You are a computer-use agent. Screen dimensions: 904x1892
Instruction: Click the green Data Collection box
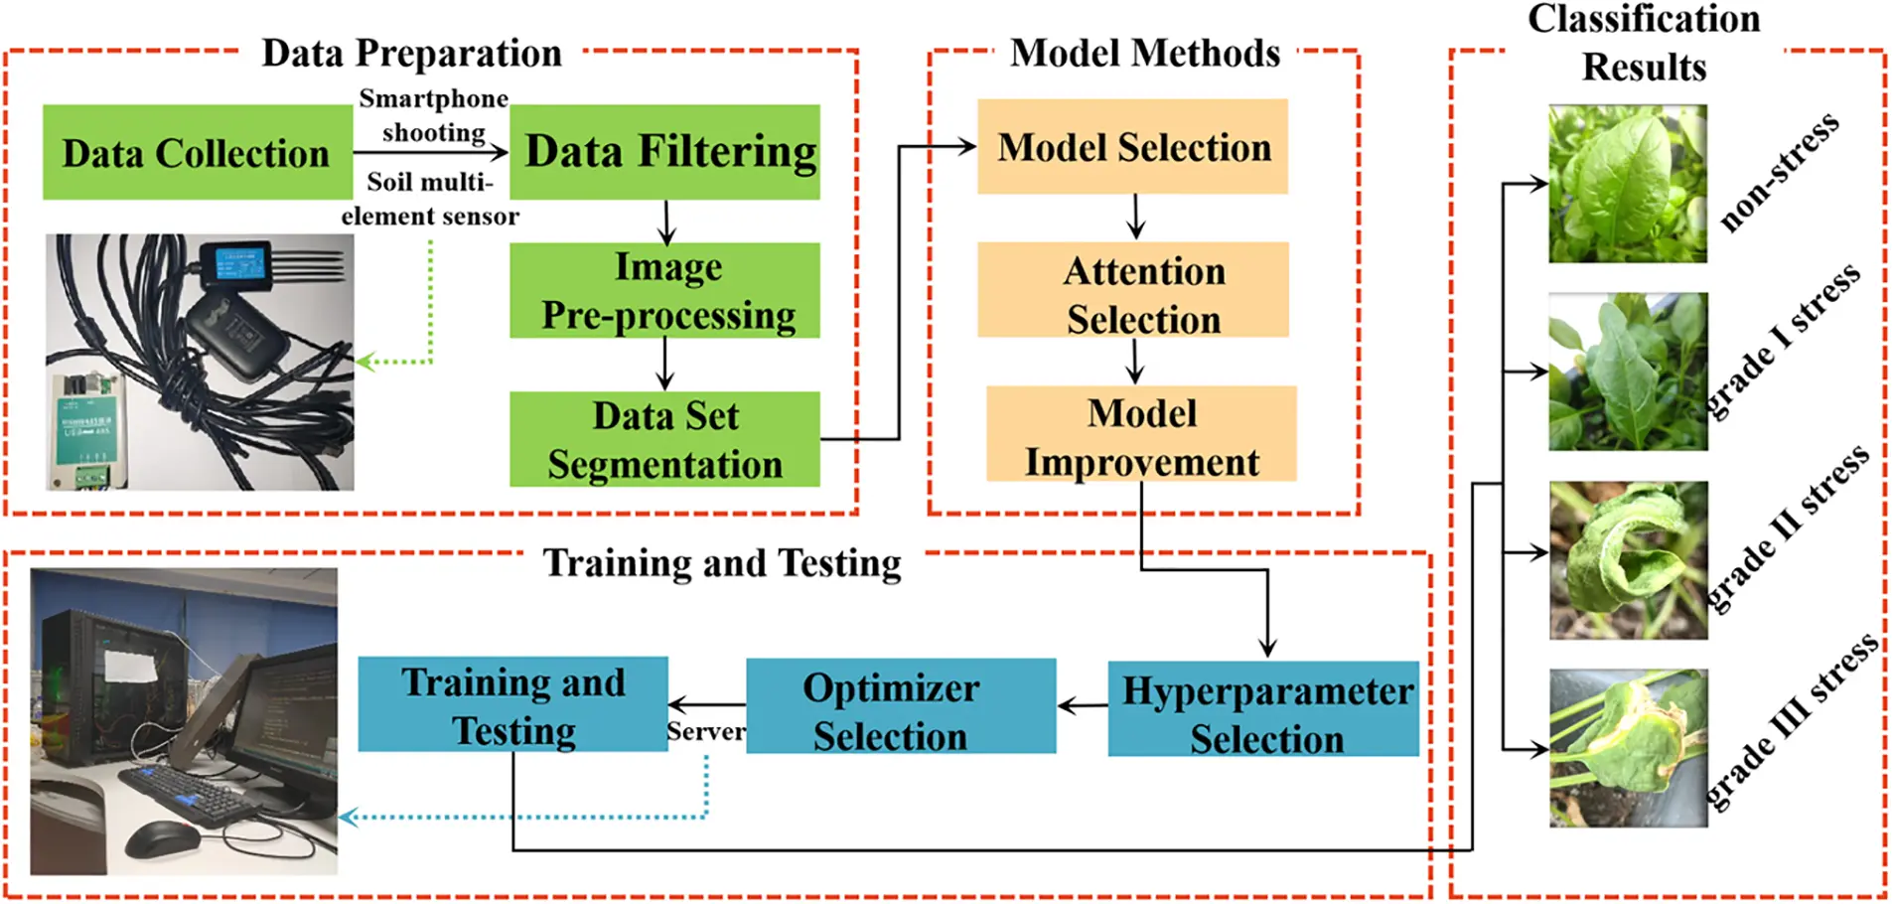pos(197,152)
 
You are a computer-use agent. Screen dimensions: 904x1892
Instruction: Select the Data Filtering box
pos(664,152)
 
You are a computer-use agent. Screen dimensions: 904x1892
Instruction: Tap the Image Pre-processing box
pos(664,290)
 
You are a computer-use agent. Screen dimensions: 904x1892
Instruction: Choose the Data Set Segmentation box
pos(664,439)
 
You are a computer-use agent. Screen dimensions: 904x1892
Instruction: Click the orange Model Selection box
pos(1132,147)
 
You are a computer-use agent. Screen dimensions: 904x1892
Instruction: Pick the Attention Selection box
pos(1133,290)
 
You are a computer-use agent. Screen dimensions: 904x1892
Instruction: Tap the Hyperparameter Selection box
pos(1263,709)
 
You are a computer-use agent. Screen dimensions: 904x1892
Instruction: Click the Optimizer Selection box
pos(900,706)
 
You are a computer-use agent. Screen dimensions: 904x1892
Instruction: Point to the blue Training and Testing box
pos(512,704)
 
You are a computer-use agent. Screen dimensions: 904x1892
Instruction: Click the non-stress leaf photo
pos(1627,185)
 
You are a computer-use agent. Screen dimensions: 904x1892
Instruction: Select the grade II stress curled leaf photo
pos(1628,560)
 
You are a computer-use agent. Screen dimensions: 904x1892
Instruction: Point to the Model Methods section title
pos(1144,53)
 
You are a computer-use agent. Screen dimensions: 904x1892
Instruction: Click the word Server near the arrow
pos(705,732)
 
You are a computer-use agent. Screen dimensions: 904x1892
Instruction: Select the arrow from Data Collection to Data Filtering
pos(430,152)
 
